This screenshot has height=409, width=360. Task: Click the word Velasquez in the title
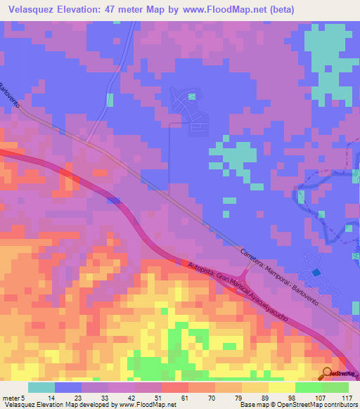pos(31,9)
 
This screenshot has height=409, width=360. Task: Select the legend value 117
pos(347,398)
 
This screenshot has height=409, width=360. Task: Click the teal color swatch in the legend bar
pos(41,387)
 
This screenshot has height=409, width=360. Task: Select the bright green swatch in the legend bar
pos(309,387)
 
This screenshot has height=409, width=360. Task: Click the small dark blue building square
pos(316,272)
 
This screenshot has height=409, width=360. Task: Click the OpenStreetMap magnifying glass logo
pos(328,374)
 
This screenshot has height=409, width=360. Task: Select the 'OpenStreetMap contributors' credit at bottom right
pos(316,405)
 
